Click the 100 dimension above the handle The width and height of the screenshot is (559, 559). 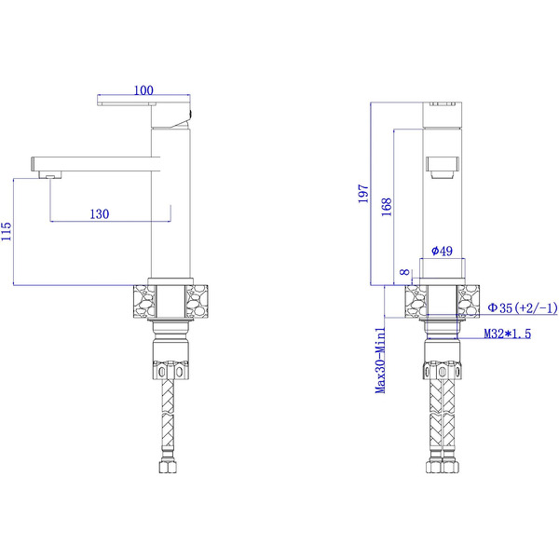click(143, 90)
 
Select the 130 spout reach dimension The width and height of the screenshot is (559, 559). click(100, 213)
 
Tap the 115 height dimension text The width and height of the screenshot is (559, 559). click(7, 231)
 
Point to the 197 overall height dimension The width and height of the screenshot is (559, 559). click(363, 194)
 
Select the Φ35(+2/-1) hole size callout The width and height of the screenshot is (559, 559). click(523, 307)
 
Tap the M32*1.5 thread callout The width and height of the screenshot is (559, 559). click(507, 334)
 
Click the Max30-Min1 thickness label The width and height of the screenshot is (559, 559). click(381, 359)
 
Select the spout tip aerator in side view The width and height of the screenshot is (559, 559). click(43, 174)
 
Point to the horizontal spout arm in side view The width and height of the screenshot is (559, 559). click(93, 161)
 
